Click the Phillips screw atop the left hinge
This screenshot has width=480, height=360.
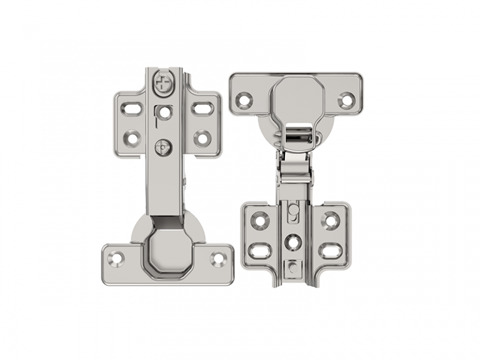pos(164,82)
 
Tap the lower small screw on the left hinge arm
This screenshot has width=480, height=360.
pos(162,147)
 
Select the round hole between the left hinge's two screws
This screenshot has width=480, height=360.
pos(164,113)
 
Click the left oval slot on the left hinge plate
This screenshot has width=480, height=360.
pos(132,109)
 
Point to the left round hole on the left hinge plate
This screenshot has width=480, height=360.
pos(132,138)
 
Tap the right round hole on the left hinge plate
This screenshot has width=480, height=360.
pos(202,138)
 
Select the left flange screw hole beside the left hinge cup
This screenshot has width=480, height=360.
pos(116,257)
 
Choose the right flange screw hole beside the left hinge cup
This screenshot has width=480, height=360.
pos(218,257)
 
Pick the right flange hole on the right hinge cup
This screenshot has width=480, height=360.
pos(346,99)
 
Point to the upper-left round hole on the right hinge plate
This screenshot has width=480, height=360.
pos(259,219)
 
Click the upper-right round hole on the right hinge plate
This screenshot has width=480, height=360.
pos(330,219)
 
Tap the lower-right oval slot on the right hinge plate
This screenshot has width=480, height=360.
pos(330,251)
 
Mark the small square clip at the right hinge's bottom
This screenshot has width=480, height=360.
pos(292,268)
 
